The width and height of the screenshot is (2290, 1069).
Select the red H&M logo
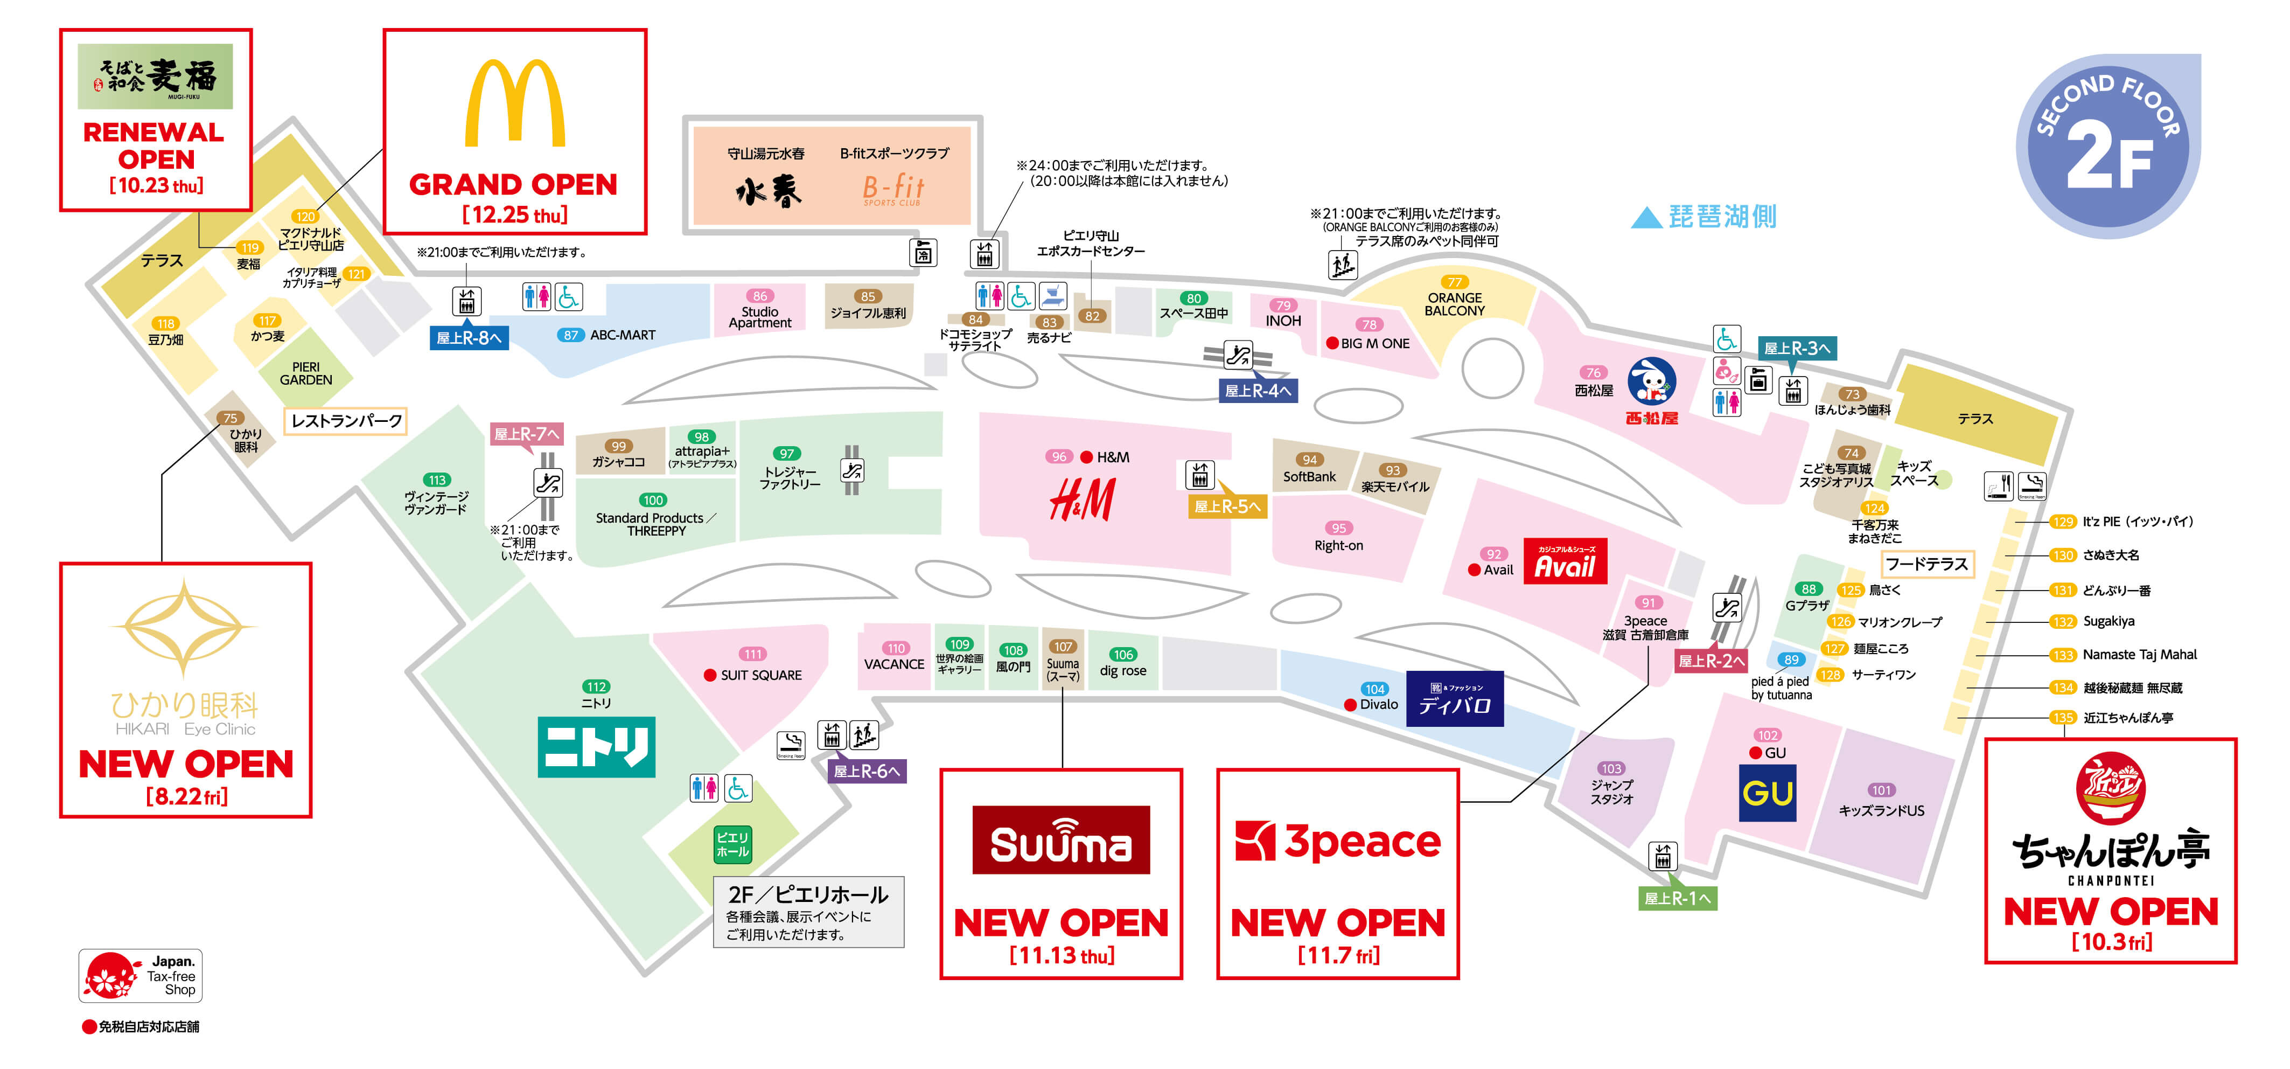click(1082, 500)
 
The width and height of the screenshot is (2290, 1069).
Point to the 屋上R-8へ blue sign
click(469, 338)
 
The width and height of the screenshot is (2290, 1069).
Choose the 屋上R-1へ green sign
click(1677, 898)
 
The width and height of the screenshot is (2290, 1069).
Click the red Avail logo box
click(1565, 561)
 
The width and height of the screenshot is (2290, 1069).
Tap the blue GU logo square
click(1767, 793)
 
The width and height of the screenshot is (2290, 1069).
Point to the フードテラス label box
click(1926, 564)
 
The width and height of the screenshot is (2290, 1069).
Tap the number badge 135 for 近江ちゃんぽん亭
click(2062, 718)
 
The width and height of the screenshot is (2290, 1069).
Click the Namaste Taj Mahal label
click(2139, 655)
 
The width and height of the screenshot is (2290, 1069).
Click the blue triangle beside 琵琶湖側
click(1645, 218)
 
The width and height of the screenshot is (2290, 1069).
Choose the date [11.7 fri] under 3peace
click(1338, 955)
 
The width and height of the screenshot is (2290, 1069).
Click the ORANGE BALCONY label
click(1454, 304)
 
